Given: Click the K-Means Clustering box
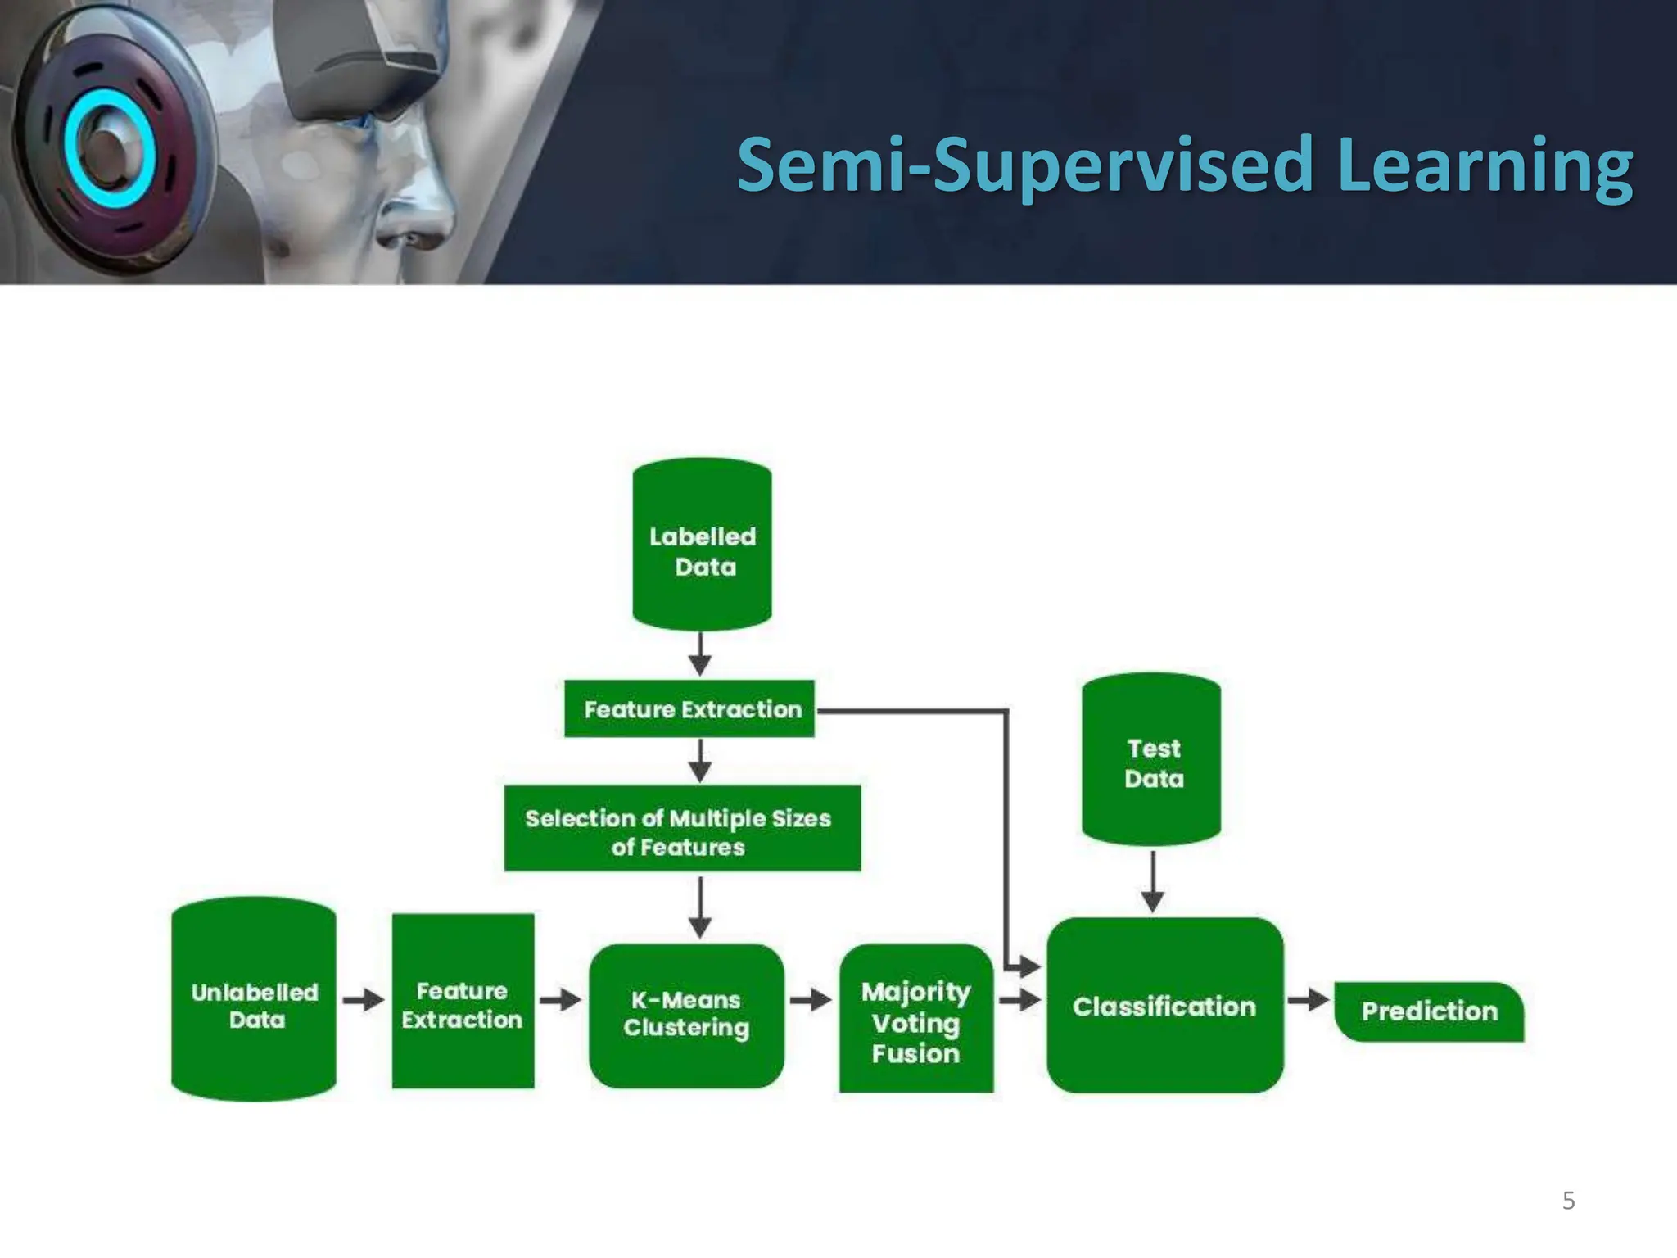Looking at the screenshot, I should click(x=686, y=1016).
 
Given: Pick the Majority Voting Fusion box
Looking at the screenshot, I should click(x=915, y=1020).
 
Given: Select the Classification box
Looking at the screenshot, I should click(x=1164, y=1006).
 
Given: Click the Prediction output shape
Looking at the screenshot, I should click(x=1429, y=1011).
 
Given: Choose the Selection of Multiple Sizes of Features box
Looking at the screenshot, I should click(x=682, y=829).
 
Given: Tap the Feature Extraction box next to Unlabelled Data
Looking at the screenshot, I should click(x=463, y=1002).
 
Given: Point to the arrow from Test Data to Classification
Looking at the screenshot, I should click(x=1152, y=881).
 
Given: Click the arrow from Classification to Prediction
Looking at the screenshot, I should click(x=1308, y=1000).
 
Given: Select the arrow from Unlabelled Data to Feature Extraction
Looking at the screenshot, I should click(x=363, y=1000).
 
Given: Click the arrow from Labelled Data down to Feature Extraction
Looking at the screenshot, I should click(x=699, y=654).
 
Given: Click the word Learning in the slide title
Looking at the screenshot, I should click(x=1484, y=167).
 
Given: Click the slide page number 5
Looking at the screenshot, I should click(x=1568, y=1201).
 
